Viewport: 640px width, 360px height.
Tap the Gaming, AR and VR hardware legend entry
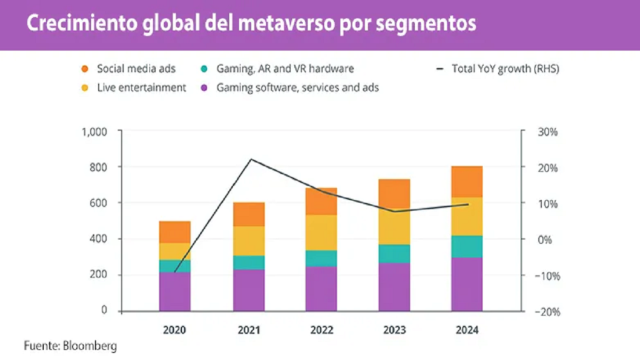pyautogui.click(x=284, y=69)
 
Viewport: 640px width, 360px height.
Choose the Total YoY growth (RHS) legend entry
pyautogui.click(x=505, y=69)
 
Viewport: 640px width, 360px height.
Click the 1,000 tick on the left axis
pyautogui.click(x=96, y=132)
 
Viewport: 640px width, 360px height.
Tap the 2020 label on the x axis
pyautogui.click(x=175, y=329)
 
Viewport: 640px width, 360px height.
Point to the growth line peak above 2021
pyautogui.click(x=251, y=159)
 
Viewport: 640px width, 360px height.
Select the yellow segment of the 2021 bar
pyautogui.click(x=249, y=241)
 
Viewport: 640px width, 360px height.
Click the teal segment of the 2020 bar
pyautogui.click(x=175, y=266)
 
